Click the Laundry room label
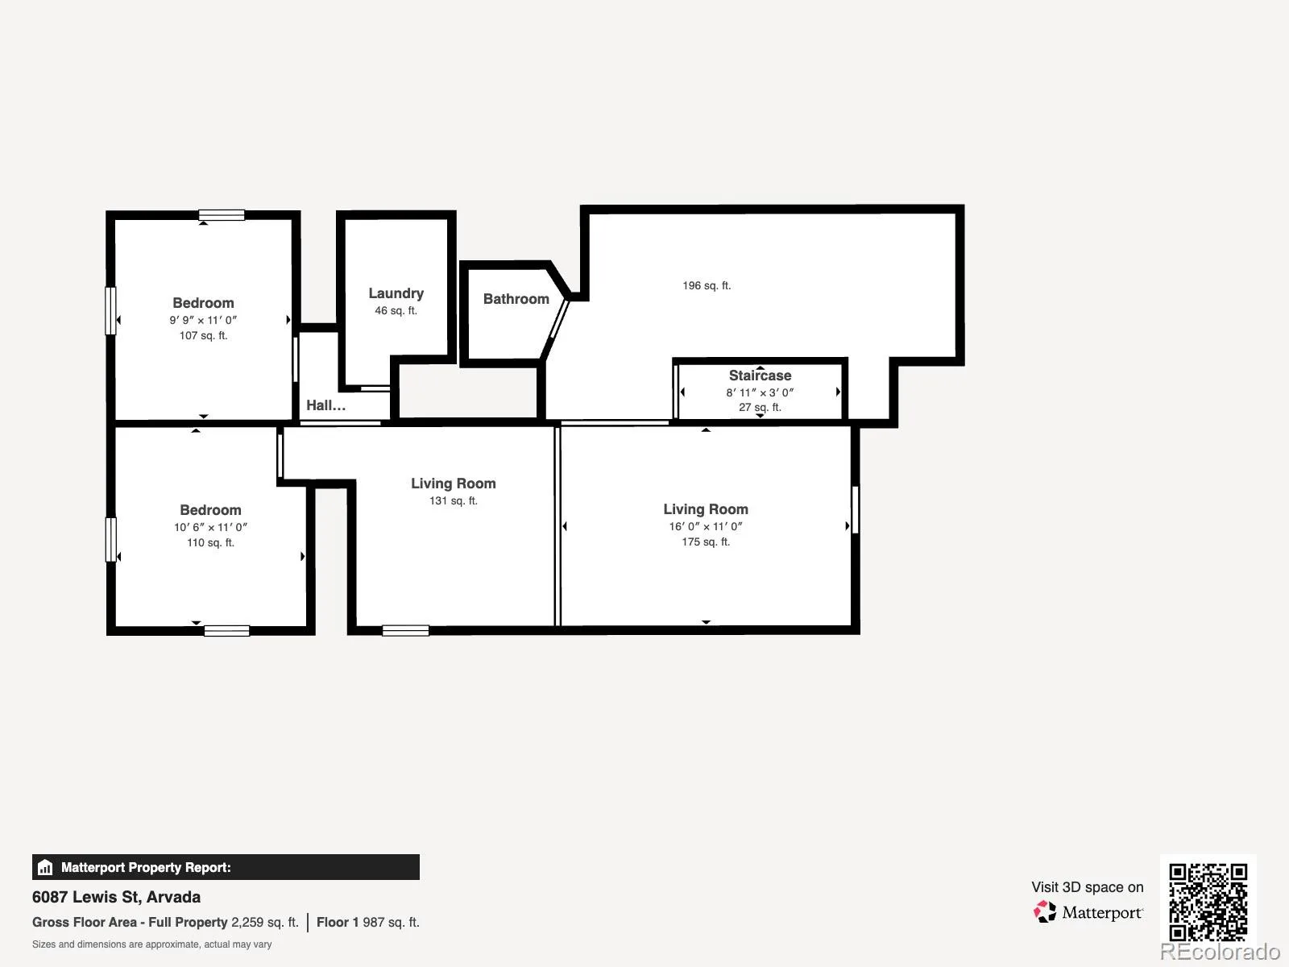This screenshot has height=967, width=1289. click(x=396, y=293)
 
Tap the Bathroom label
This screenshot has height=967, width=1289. click(x=516, y=299)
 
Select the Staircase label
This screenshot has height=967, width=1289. click(x=760, y=376)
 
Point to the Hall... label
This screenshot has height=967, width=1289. click(x=326, y=405)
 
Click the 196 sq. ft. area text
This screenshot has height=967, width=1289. click(x=707, y=286)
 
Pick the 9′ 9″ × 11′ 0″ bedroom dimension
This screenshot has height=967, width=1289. click(x=203, y=320)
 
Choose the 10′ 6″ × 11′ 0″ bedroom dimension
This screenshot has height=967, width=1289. click(x=210, y=527)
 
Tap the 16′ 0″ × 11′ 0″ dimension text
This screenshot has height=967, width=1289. click(x=706, y=527)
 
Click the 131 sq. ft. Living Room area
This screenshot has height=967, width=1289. click(x=454, y=500)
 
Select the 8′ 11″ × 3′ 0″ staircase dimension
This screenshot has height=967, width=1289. click(x=760, y=392)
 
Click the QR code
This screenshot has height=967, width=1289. click(x=1208, y=902)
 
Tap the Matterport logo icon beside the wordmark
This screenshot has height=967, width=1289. click(x=1045, y=912)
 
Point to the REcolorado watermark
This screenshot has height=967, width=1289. click(x=1221, y=951)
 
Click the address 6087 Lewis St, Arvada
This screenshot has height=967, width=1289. click(x=116, y=897)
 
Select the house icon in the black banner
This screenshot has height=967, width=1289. click(x=45, y=867)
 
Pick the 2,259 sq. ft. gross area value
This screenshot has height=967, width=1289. click(x=265, y=923)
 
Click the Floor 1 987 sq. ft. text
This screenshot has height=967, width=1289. click(x=368, y=923)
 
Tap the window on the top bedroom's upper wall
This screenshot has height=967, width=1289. click(x=222, y=215)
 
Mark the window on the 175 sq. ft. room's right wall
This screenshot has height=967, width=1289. click(x=855, y=509)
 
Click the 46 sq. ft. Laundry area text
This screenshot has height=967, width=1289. click(x=396, y=310)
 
